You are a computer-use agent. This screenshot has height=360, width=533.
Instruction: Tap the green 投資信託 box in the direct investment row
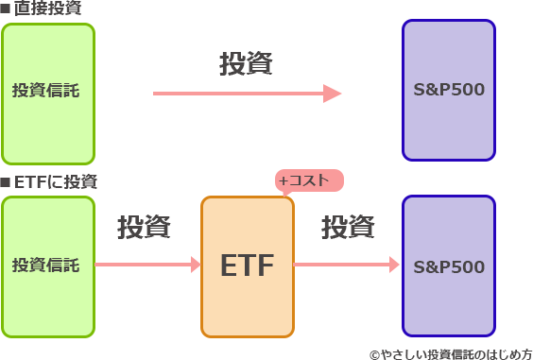[x=48, y=92]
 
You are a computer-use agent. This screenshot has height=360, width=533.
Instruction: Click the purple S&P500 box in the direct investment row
[x=449, y=91]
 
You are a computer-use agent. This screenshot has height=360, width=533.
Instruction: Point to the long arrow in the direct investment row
[x=246, y=93]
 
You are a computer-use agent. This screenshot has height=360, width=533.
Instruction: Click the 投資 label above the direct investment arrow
[x=247, y=64]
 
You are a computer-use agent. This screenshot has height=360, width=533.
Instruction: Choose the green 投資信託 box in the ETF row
[x=48, y=266]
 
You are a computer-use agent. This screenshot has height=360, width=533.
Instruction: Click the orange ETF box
[x=248, y=266]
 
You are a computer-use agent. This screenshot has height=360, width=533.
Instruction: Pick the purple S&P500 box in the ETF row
[x=449, y=266]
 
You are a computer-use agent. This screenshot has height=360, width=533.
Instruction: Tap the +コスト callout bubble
[x=308, y=180]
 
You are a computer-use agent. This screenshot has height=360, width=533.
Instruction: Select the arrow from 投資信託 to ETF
[x=147, y=265]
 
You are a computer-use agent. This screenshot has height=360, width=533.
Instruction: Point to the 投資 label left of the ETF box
[x=145, y=228]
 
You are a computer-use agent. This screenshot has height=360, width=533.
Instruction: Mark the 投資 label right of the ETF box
[x=348, y=228]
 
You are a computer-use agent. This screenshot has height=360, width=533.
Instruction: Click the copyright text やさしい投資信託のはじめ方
[x=451, y=351]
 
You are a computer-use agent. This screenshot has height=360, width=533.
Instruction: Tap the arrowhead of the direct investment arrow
[x=332, y=93]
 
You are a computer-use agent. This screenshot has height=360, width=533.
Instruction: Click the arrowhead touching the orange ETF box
[x=195, y=265]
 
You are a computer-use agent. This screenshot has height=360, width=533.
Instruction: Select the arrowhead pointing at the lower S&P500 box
[x=395, y=265]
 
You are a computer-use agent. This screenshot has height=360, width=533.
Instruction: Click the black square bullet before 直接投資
[x=6, y=9]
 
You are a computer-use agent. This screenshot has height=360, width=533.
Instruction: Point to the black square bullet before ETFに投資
[x=6, y=181]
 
